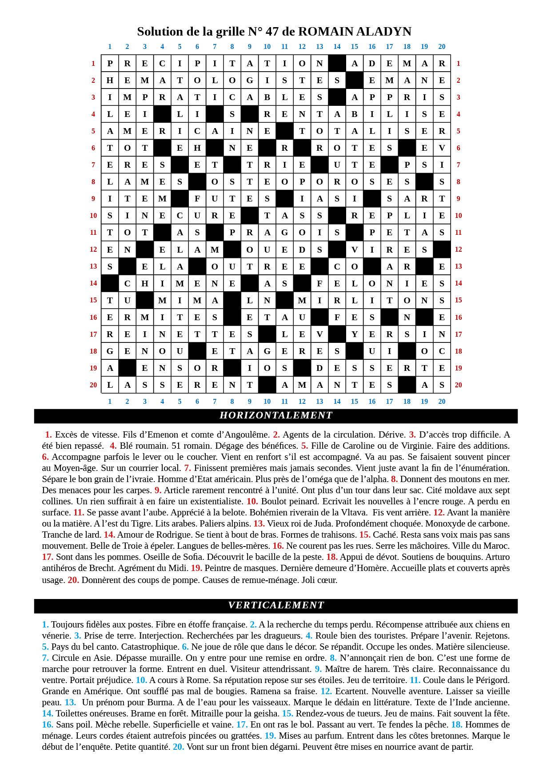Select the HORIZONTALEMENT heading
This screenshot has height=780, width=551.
[276, 415]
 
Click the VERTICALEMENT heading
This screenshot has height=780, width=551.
[276, 605]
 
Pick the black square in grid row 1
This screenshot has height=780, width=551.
[337, 63]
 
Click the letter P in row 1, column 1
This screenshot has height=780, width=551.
[110, 63]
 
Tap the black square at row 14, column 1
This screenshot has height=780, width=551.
[110, 283]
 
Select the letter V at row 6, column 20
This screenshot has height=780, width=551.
[442, 148]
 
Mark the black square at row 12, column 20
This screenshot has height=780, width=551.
[442, 249]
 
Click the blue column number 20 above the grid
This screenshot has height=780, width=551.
[442, 46]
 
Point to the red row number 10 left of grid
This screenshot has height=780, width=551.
[93, 216]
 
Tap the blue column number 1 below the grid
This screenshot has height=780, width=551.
[110, 402]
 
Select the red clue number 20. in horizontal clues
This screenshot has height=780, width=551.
[73, 580]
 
